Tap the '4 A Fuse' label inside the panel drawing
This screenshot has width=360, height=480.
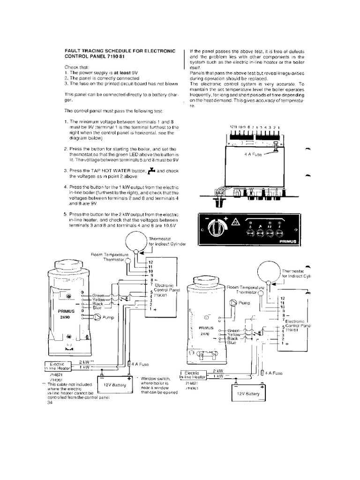[x=253, y=154]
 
